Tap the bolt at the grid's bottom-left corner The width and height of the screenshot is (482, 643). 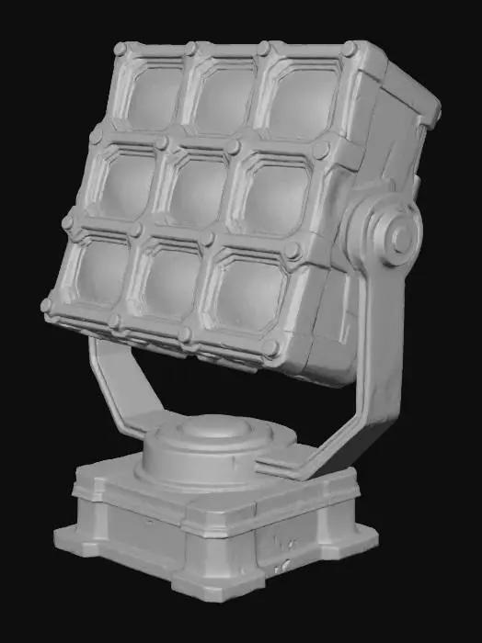pyautogui.click(x=47, y=305)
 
